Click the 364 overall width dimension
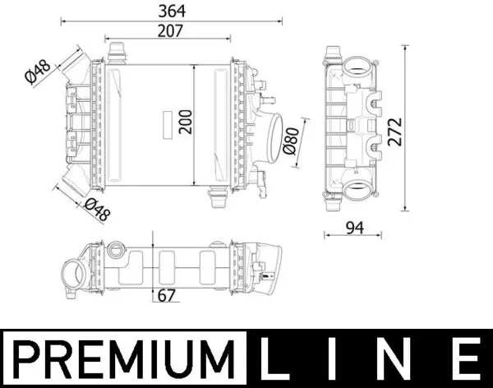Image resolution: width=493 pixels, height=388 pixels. (173, 11)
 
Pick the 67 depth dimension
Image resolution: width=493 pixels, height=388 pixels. (165, 296)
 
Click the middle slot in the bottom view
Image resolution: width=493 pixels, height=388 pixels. (170, 265)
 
